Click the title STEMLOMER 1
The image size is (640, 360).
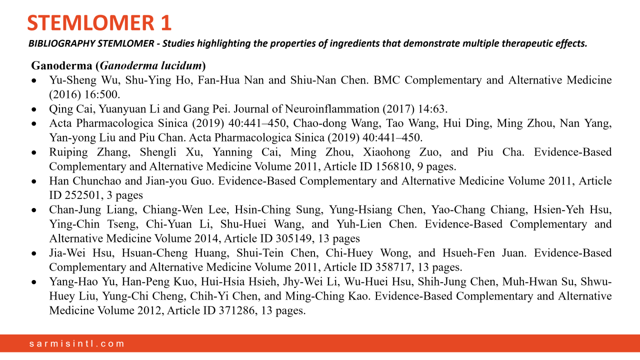point(99,23)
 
